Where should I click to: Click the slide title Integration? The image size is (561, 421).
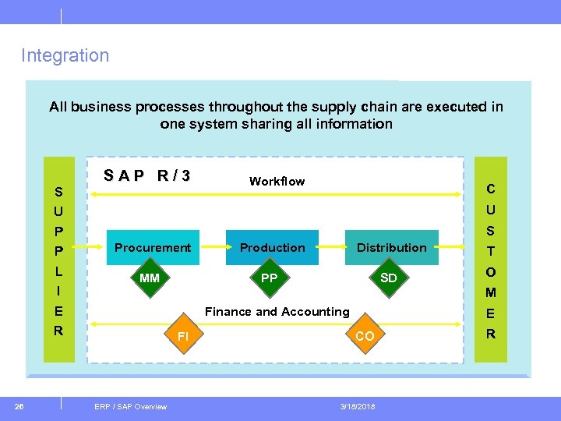point(65,55)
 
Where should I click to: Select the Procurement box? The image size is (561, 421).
point(153,247)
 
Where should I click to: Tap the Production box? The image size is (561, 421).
point(272,247)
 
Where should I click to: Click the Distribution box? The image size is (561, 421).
point(391,247)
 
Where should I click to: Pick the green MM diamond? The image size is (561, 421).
point(149,278)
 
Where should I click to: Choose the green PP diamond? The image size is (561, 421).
point(269,278)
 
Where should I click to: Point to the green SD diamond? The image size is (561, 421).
point(388,278)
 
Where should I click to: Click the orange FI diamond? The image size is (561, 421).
point(183,336)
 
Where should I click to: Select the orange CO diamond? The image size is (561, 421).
point(364,336)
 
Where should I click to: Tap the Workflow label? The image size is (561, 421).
point(277,181)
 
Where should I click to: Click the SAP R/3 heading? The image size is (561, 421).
point(147,175)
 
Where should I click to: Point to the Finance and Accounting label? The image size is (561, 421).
point(277,311)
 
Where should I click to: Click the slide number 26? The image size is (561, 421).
point(19,406)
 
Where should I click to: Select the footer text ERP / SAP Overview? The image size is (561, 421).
point(130,406)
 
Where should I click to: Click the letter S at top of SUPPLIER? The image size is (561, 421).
point(58,192)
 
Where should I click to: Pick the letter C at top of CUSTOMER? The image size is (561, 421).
point(491,189)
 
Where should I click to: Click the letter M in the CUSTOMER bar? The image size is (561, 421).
point(491,292)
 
